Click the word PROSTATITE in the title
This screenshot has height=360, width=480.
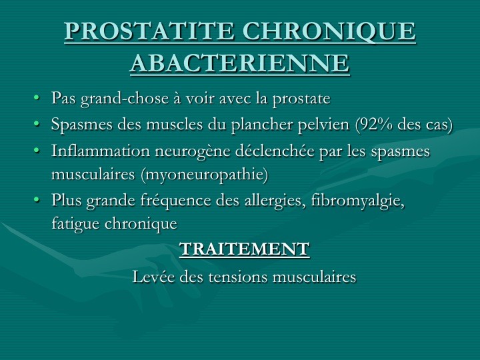149,31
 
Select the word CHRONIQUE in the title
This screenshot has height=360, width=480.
329,31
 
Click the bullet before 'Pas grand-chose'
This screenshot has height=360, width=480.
37,98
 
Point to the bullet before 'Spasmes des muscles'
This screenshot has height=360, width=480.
37,124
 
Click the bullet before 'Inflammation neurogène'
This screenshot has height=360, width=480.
37,151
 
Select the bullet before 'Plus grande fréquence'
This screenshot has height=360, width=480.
37,200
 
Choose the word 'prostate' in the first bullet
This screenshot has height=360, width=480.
301,99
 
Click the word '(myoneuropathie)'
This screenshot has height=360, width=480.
205,175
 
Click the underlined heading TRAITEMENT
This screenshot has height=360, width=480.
244,249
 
